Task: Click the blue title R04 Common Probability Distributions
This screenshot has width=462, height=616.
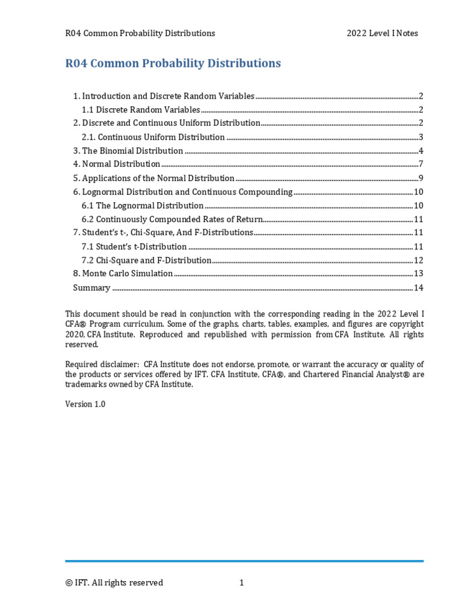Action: (x=173, y=63)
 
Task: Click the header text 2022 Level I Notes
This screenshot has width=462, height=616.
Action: (x=382, y=33)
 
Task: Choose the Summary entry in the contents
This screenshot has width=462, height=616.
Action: (x=91, y=288)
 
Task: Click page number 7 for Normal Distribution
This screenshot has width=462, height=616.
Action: (x=422, y=164)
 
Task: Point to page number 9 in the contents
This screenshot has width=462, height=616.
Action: (x=422, y=178)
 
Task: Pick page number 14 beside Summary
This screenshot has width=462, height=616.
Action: (x=419, y=288)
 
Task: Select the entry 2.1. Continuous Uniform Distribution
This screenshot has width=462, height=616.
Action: (x=153, y=137)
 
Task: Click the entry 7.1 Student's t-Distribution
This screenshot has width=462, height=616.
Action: (x=134, y=247)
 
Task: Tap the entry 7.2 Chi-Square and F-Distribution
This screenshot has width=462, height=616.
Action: (x=146, y=260)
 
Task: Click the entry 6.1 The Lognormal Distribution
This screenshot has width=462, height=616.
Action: (x=143, y=206)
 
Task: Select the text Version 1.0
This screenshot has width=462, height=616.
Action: (x=85, y=404)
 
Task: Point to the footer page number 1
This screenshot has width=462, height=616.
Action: (x=241, y=582)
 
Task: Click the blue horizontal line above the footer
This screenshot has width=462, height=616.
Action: (x=244, y=561)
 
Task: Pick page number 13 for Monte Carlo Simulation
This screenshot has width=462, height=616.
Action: (x=419, y=274)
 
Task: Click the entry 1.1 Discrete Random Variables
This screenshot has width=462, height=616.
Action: (x=141, y=109)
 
